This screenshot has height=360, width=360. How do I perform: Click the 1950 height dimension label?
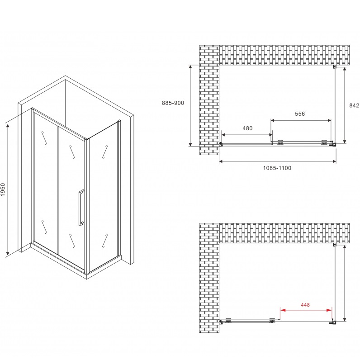3,189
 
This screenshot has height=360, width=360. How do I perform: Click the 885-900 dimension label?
173,103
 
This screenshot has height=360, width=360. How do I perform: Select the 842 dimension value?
354,105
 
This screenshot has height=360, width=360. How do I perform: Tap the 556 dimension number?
300,114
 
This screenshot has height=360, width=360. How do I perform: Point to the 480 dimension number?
247,128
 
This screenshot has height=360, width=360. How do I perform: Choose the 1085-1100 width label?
277,168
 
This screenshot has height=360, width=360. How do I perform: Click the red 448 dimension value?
305,305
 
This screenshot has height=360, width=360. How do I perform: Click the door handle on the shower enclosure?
81,208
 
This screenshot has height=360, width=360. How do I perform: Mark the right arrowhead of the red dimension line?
329,310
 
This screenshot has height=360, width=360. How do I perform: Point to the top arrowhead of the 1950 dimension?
8,126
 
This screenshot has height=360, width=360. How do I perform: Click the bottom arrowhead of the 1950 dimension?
8,253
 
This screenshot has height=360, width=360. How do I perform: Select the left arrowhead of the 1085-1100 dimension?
221,161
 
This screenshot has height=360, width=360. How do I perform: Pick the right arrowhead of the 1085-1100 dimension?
334,161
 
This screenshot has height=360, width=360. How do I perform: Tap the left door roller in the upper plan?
280,142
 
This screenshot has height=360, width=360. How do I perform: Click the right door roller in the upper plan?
324,142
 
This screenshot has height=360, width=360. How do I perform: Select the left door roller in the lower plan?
228,320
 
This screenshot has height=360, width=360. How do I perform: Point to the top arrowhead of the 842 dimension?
345,70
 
